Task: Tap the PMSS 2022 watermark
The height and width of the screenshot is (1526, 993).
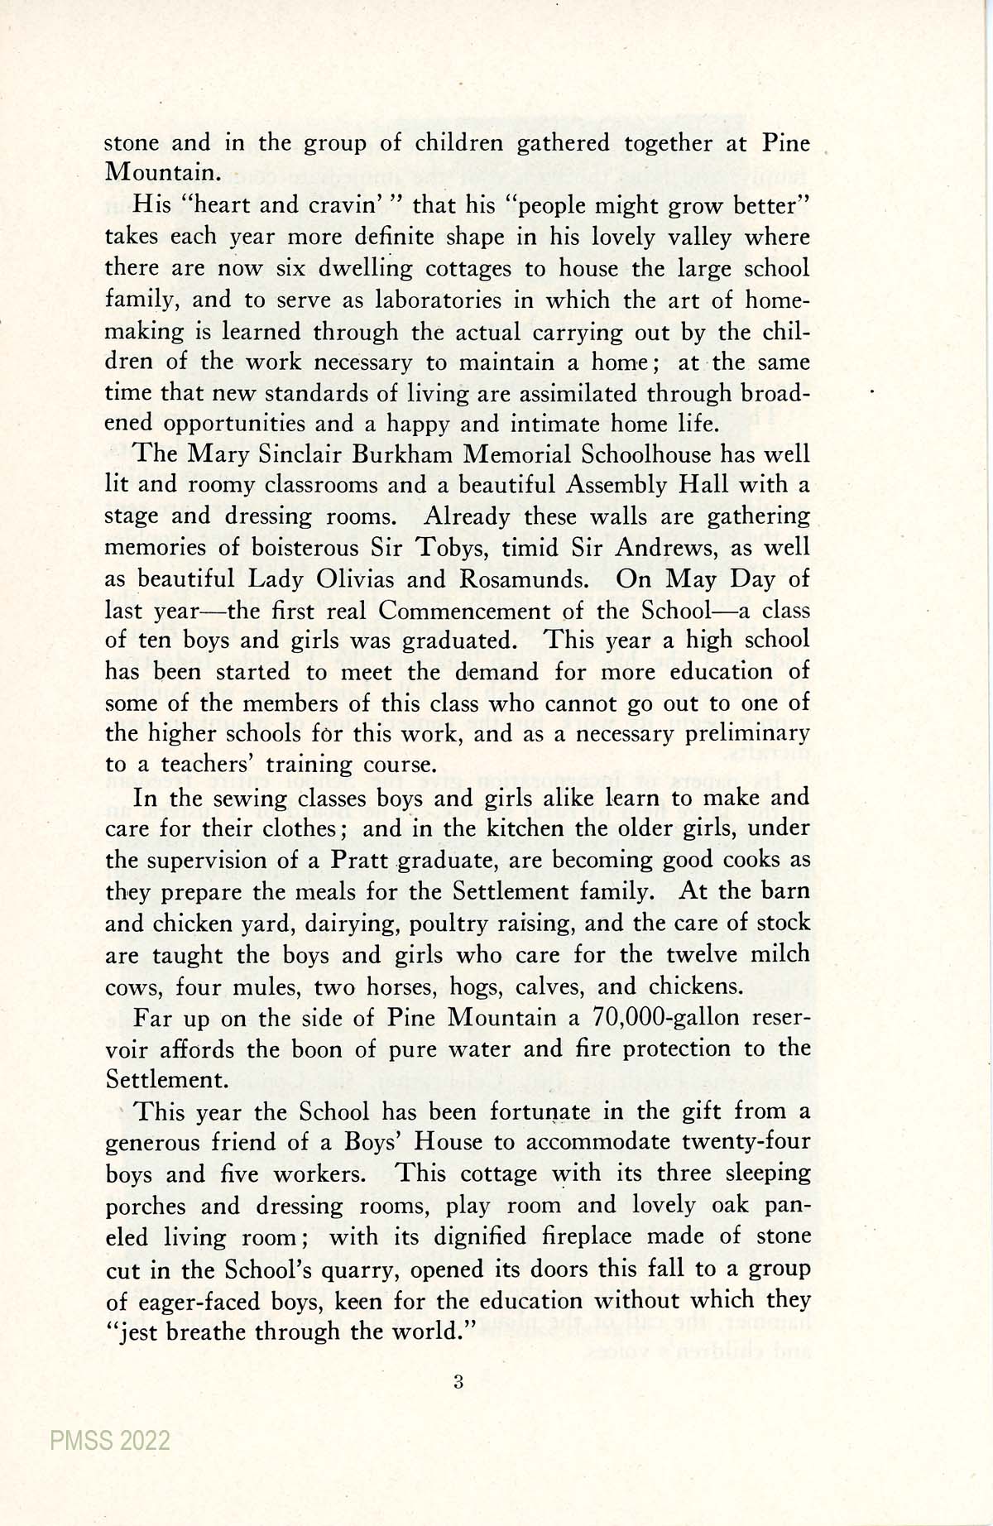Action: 109,1441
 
